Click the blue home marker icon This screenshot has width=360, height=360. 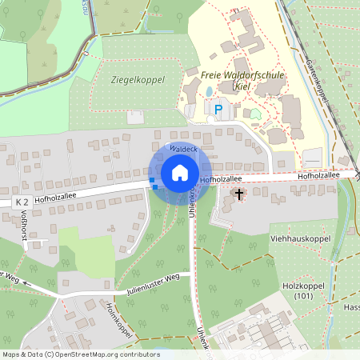click(179, 174)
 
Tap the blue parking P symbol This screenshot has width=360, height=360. click(218, 107)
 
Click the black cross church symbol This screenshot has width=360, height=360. click(238, 194)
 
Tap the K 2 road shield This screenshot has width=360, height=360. click(22, 204)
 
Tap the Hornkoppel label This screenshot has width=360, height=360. click(118, 318)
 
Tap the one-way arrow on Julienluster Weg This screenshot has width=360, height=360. click(27, 282)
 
